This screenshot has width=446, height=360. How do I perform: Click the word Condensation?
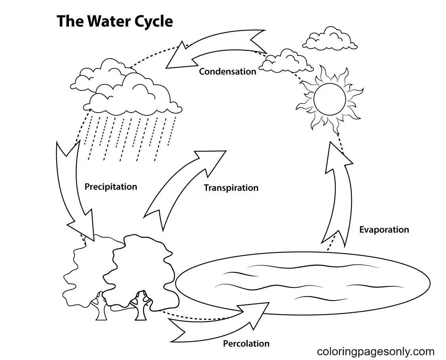tap(228, 72)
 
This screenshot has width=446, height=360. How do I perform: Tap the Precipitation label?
tap(111, 187)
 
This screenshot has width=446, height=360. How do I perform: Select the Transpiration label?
tap(231, 188)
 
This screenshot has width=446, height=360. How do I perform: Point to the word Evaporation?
tap(384, 230)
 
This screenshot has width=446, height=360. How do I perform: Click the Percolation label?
tap(246, 343)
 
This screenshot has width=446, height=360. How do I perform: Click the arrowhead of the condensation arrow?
tap(178, 56)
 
